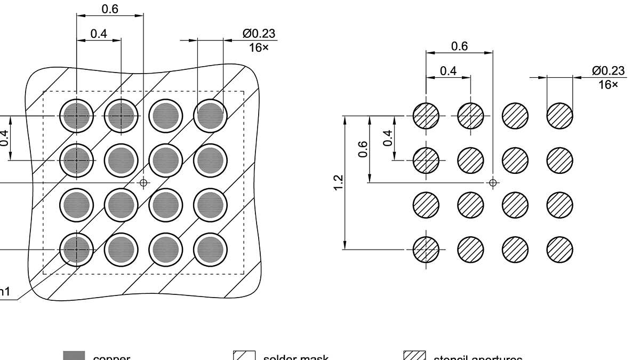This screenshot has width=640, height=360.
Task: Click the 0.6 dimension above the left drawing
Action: click(x=110, y=9)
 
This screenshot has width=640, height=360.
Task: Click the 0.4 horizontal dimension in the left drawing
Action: click(x=99, y=34)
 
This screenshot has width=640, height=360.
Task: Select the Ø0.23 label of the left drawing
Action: click(x=259, y=34)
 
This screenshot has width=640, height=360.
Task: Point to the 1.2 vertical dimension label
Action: click(x=337, y=182)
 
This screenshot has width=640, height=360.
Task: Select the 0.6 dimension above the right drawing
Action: click(x=459, y=46)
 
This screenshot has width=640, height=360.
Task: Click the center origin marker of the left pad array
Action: click(x=143, y=182)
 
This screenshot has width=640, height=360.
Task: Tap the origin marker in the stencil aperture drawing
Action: click(x=493, y=182)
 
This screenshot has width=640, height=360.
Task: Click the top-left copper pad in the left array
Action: click(x=76, y=116)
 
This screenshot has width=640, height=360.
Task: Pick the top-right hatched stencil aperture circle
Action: click(x=560, y=116)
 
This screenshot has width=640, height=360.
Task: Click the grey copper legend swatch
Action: click(x=74, y=356)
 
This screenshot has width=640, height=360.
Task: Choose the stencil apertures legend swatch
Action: click(x=414, y=356)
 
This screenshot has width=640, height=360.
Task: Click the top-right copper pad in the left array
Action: click(x=210, y=116)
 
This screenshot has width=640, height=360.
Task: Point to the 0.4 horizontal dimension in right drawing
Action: click(x=449, y=70)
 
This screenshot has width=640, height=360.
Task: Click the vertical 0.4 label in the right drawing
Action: click(x=388, y=138)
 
